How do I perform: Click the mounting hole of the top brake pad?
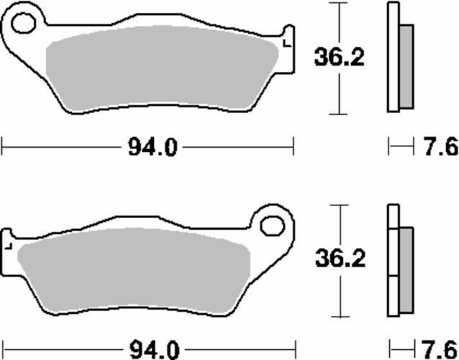point(24,23)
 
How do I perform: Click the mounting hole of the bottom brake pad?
point(273,226)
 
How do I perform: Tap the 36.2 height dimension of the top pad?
point(340,57)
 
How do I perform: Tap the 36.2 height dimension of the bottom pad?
point(340,258)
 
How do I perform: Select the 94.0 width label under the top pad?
point(153,148)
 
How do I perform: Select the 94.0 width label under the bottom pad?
point(154,349)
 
